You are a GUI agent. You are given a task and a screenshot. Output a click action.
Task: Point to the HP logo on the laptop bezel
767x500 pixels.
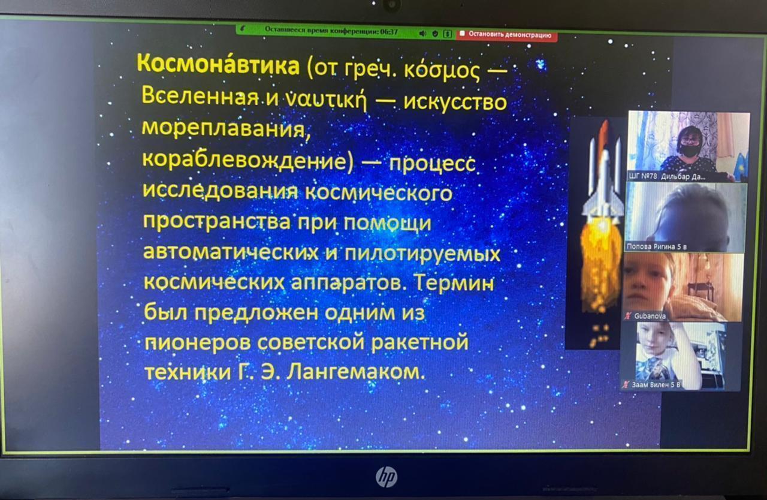pyautogui.click(x=386, y=477)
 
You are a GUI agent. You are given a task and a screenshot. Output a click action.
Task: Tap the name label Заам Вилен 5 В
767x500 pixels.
pyautogui.click(x=656, y=385)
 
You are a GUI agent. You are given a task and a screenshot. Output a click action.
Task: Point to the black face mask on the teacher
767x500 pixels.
pyautogui.click(x=690, y=150)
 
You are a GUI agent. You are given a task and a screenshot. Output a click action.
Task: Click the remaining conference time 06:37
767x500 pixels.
pyautogui.click(x=389, y=32)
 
